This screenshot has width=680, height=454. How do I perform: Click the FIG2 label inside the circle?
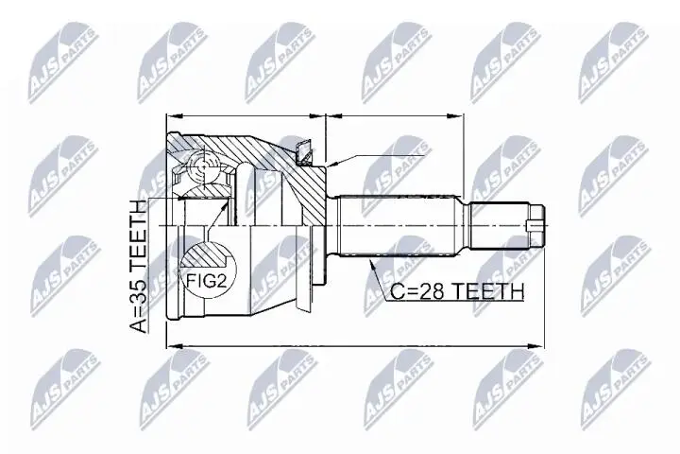[x=207, y=282]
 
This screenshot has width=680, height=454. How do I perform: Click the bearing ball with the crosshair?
[x=203, y=166]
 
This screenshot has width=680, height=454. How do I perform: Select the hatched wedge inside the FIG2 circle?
[x=205, y=255]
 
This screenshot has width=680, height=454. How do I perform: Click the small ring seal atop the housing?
[x=304, y=153]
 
